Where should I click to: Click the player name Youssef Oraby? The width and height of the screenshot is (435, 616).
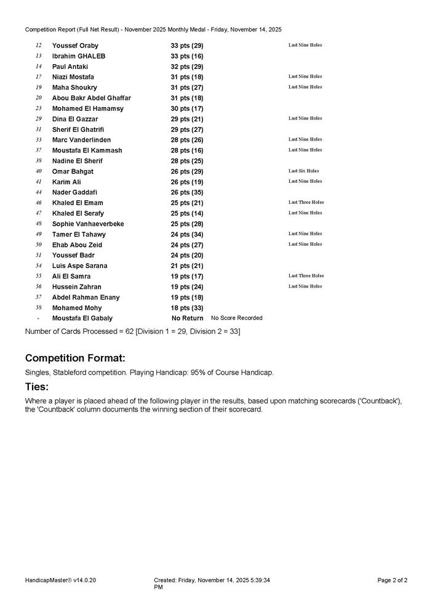point(75,46)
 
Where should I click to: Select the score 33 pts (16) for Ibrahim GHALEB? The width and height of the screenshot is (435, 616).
point(187,56)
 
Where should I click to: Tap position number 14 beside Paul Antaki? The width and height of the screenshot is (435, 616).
point(39,67)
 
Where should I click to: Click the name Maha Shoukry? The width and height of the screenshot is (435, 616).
point(74,87)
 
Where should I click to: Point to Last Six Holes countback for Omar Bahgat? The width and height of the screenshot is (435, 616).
point(304,171)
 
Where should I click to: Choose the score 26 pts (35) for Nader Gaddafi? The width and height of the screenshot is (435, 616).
point(187,192)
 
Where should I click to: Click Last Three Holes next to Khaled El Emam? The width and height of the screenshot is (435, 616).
point(306,202)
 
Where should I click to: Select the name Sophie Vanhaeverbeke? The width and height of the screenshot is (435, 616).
point(88,224)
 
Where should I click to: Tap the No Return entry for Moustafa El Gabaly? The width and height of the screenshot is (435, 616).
point(187,318)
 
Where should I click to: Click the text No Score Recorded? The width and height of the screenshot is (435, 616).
point(237,318)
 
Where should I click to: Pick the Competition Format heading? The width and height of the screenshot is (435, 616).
point(75,359)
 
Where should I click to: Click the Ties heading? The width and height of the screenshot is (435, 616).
point(37,387)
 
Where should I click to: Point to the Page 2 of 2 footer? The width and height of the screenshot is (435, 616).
point(392,580)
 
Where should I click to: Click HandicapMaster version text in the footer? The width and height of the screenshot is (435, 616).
point(61,580)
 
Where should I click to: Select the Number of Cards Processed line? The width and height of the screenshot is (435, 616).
point(132,331)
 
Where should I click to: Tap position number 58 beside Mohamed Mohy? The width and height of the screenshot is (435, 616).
point(39,307)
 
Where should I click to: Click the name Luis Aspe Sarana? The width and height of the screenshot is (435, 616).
point(80,265)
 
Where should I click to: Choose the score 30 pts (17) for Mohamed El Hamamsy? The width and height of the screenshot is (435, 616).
point(187,108)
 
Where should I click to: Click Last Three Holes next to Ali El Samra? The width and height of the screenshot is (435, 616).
point(306,275)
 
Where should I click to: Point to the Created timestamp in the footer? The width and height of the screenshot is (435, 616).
point(212,580)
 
